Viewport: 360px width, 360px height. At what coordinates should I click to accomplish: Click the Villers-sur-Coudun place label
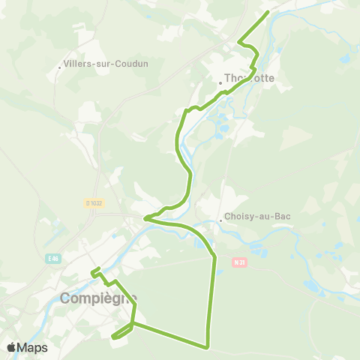coord(107,64)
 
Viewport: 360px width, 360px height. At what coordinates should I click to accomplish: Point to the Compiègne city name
coord(98,298)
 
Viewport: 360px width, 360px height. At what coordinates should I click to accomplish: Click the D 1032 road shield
coord(93,202)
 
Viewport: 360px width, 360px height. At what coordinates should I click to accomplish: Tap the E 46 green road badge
coord(52,259)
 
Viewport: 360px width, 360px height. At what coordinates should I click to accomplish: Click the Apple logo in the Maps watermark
coord(11,347)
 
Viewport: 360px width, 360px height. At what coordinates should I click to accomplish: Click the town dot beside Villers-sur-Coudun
coord(61,67)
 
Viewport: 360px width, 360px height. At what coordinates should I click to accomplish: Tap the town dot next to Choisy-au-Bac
coord(222,220)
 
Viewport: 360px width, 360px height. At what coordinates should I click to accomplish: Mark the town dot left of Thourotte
coord(221,82)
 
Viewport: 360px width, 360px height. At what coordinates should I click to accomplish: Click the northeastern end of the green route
coord(268,13)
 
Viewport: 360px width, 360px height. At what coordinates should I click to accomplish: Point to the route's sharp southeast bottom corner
coord(206,346)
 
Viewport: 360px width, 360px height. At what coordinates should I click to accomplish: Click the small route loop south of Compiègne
coord(120,334)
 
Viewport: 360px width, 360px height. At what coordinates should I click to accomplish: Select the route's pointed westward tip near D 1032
coord(145,218)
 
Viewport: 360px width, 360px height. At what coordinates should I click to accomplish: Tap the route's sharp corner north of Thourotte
coord(238,41)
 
